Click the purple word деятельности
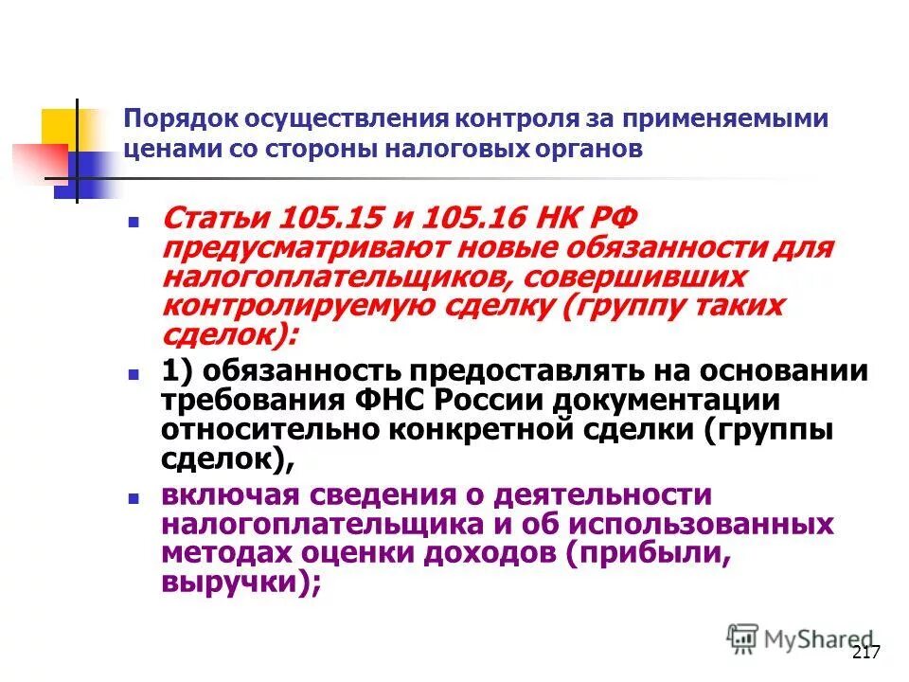pyautogui.click(x=602, y=495)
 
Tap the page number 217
pyautogui.click(x=867, y=653)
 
